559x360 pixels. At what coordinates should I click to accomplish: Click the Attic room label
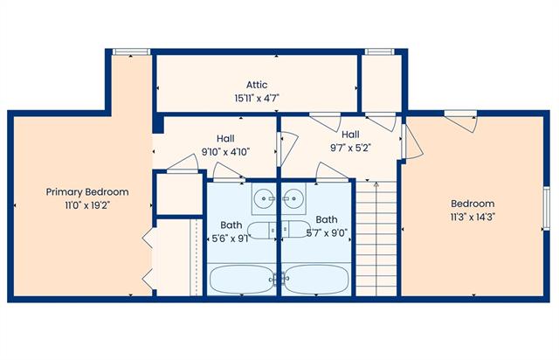tap(257, 85)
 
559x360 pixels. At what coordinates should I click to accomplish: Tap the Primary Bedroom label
tap(87, 192)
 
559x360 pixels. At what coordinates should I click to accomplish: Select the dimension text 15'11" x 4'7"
tap(257, 98)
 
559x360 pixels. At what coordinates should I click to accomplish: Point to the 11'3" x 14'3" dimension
tap(473, 217)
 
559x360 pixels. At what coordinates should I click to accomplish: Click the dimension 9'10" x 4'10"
tap(225, 152)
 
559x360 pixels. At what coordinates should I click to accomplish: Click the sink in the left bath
tap(264, 198)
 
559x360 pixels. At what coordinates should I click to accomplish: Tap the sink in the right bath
tap(293, 198)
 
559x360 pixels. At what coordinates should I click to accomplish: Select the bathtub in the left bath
tap(242, 279)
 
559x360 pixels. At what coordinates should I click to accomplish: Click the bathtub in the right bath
tap(316, 279)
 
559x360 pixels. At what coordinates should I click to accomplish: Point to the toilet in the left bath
tap(262, 230)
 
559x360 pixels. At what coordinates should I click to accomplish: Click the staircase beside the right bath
tap(376, 239)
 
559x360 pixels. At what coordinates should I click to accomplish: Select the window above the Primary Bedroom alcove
tap(131, 52)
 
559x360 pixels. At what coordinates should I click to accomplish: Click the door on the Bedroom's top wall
tap(460, 121)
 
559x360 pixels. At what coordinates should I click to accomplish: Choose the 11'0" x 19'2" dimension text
tap(87, 205)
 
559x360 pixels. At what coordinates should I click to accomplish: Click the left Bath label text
tap(231, 225)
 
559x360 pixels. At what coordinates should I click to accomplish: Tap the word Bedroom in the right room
tap(473, 204)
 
